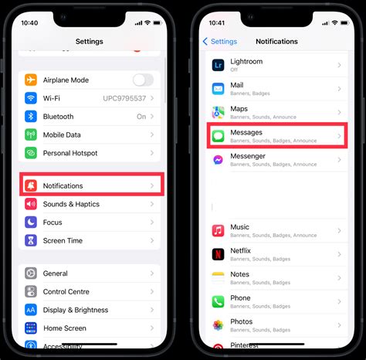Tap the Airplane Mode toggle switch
click(143, 80)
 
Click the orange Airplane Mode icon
click(31, 80)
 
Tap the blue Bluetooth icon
click(31, 117)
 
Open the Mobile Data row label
click(63, 134)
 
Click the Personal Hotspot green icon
click(31, 153)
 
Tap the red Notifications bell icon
click(31, 185)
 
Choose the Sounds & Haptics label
click(71, 204)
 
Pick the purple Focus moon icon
click(31, 222)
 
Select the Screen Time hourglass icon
click(31, 240)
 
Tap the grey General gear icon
click(31, 273)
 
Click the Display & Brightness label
click(76, 310)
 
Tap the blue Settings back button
click(219, 41)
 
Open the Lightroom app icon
click(218, 66)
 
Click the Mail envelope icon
click(218, 89)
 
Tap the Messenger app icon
click(218, 160)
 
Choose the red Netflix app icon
click(218, 254)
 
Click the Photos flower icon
click(218, 324)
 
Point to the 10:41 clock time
click(216, 23)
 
